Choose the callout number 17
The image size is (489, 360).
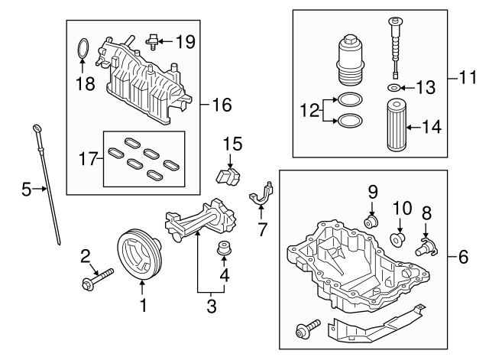[x=89, y=159]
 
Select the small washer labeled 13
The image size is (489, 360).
[x=393, y=89]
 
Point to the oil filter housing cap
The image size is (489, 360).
[x=349, y=56]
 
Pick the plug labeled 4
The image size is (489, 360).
[x=225, y=249]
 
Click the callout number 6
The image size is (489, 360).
[x=464, y=258]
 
